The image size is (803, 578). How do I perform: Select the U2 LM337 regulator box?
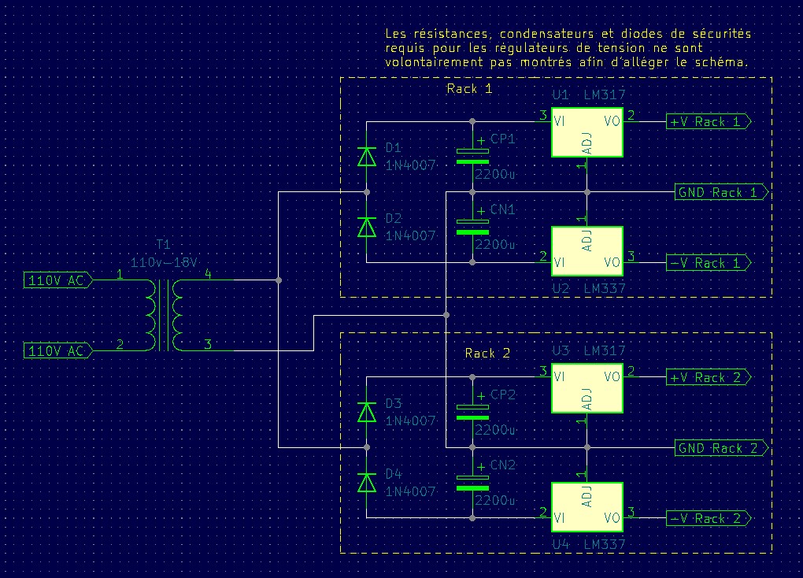(587, 250)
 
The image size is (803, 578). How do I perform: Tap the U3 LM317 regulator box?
(587, 388)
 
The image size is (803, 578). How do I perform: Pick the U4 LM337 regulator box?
(587, 506)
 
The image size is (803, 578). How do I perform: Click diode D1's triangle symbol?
(367, 157)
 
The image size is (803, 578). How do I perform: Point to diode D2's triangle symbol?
(367, 227)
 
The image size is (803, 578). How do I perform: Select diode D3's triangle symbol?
(367, 413)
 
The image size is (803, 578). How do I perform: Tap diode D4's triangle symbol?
(367, 483)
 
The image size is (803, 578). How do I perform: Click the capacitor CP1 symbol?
(472, 156)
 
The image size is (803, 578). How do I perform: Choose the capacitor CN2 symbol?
(472, 483)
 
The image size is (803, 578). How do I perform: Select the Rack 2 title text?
(488, 354)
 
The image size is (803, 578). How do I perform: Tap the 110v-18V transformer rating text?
(164, 261)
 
